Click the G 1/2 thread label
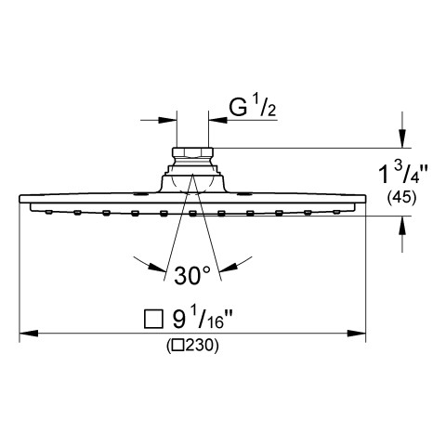[x=252, y=108]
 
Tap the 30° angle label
[x=192, y=276]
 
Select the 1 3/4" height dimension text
[x=403, y=174]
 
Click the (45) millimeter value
[x=401, y=197]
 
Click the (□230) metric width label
[x=192, y=346]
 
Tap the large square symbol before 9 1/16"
[x=153, y=319]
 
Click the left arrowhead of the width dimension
[x=29, y=334]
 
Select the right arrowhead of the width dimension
[x=357, y=334]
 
